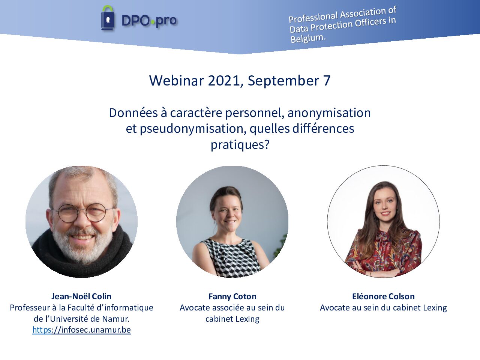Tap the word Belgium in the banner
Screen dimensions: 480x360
307,39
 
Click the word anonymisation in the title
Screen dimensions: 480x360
329,113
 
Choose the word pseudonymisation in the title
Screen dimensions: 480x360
191,129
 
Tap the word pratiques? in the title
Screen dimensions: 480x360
240,145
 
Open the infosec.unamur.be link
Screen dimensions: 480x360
82,330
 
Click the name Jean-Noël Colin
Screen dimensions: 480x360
81,296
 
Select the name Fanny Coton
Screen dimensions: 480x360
232,296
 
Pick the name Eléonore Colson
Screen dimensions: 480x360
383,296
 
